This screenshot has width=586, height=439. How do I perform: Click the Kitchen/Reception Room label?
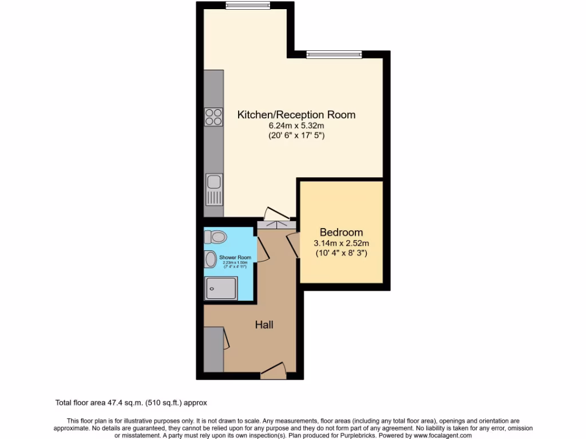[296, 115]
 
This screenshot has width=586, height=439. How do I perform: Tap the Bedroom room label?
[341, 233]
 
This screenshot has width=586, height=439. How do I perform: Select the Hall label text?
[264, 325]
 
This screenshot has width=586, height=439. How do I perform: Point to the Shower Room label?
[235, 258]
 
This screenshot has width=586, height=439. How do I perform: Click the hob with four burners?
[213, 117]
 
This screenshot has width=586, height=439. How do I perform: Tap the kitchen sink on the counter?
[214, 182]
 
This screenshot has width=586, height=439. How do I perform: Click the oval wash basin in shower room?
[211, 259]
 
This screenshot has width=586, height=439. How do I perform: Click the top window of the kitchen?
[248, 6]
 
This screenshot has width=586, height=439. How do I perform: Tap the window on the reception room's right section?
[334, 55]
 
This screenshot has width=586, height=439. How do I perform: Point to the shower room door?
[262, 252]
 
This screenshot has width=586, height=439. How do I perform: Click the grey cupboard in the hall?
[213, 348]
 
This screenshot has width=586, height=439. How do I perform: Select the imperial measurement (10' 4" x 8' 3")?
[342, 253]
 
